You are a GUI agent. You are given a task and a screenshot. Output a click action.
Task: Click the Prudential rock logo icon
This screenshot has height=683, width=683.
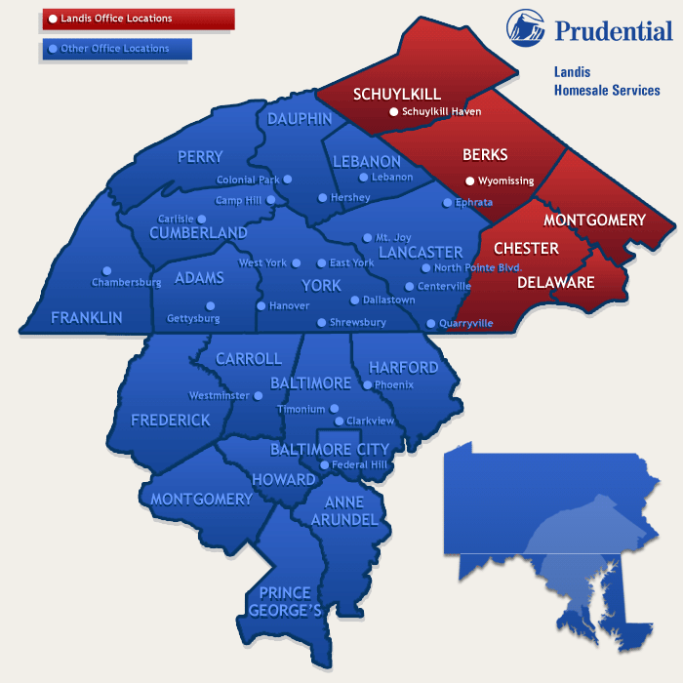coord(526,28)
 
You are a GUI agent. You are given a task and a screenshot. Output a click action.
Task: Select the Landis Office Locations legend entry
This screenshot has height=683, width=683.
coord(138,19)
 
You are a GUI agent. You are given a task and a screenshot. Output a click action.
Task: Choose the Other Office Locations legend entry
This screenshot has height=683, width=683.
coord(116,48)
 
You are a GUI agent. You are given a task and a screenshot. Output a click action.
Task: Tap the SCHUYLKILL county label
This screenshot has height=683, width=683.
coord(396,94)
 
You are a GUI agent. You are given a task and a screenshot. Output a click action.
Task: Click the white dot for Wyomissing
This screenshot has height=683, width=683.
coord(469,181)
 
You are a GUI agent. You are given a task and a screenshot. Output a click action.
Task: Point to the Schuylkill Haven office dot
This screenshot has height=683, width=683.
coord(393,112)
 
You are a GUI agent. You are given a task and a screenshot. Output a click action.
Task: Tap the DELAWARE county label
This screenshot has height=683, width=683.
coord(555,283)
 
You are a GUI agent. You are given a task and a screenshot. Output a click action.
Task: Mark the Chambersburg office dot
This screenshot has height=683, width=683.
coord(107,270)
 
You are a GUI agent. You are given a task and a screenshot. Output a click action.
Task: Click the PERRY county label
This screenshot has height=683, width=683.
coord(200,156)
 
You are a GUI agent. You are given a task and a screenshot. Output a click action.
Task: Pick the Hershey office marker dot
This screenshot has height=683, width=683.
coord(322,197)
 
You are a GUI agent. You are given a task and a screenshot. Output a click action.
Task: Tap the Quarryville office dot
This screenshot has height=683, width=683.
coord(430,323)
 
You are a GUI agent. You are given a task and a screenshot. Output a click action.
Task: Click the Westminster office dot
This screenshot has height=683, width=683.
coord(258,396)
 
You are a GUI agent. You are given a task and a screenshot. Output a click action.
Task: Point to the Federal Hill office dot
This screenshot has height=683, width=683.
coord(324,464)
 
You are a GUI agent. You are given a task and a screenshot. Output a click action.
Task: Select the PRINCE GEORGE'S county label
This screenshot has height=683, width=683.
coord(285,601)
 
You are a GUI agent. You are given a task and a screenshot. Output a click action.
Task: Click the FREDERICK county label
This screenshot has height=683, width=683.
coord(171,420)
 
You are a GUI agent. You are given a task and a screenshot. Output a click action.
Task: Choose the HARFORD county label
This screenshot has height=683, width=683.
coord(403,368)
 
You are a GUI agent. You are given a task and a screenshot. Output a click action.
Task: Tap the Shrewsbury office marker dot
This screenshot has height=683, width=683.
coord(321,322)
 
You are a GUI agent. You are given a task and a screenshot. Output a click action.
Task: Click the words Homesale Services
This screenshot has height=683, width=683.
coord(606,91)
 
